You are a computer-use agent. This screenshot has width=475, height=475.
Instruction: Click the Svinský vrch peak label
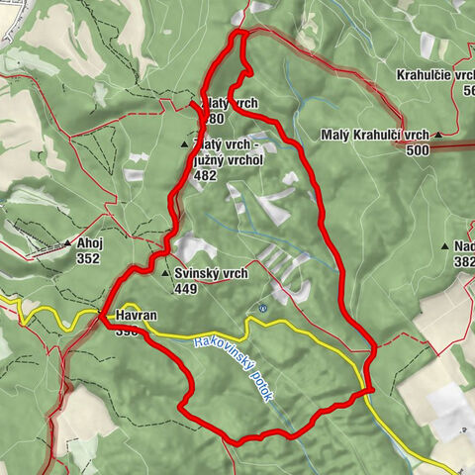tap(212, 274)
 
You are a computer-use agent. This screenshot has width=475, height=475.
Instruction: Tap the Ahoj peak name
tap(90, 242)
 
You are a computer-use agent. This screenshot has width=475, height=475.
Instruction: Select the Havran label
tap(136, 316)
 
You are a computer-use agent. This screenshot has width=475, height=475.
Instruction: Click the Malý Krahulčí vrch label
tap(375, 135)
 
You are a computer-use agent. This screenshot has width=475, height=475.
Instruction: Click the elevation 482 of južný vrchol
tap(205, 175)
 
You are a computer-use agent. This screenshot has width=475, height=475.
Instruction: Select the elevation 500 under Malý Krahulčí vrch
tap(418, 150)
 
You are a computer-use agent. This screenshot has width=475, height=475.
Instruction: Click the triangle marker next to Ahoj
tap(67, 242)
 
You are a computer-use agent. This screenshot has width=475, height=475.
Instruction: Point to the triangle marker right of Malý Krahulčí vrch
tap(436, 134)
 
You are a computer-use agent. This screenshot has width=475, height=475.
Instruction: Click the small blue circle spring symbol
tap(263, 309)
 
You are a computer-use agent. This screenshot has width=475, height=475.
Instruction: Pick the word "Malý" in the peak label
tap(336, 135)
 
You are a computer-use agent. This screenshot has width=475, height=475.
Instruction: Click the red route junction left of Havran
tap(102, 318)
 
